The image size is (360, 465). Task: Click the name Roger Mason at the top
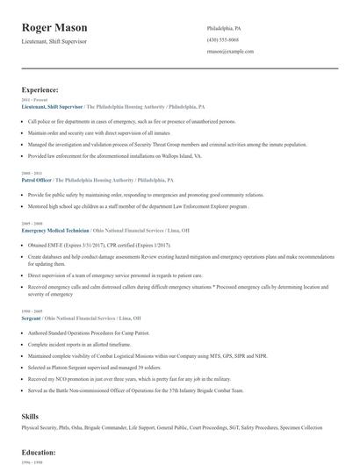coord(54,28)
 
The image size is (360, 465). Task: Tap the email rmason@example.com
coord(230,52)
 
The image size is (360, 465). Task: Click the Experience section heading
coord(40,89)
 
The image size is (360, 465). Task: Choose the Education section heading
coord(39,452)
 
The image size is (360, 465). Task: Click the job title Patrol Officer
coord(38,179)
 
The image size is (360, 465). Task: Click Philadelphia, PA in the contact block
coord(224,28)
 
